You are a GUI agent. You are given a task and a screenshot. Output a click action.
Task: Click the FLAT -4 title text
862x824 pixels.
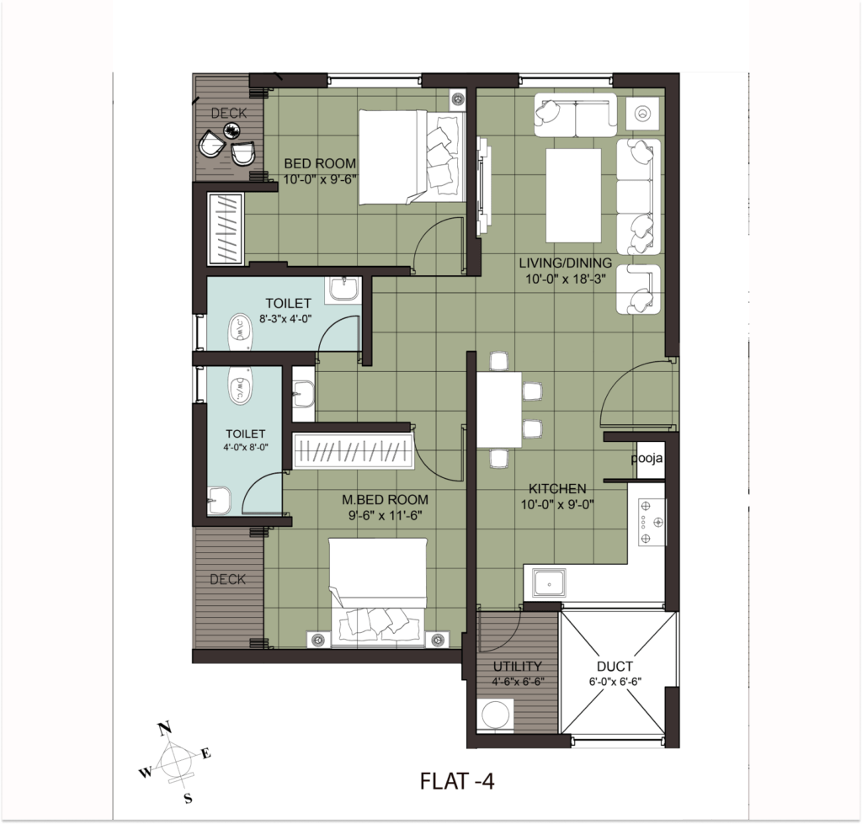457,780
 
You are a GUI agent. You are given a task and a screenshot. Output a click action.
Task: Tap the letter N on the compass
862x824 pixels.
164,728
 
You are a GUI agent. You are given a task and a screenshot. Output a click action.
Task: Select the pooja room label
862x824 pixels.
646,458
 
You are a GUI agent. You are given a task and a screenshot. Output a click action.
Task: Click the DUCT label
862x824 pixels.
615,667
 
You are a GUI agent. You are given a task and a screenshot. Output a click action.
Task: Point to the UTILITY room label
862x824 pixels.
518,667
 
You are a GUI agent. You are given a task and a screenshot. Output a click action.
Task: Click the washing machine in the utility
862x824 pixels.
495,715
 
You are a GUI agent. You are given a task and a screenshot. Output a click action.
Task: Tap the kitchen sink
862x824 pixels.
548,582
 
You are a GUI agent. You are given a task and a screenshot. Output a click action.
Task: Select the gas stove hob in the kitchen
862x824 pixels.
652,522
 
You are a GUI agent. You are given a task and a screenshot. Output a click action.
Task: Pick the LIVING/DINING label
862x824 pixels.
565,263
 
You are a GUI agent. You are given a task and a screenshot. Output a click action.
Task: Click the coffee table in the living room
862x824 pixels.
573,195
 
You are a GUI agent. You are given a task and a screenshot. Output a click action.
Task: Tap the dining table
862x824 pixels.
499,410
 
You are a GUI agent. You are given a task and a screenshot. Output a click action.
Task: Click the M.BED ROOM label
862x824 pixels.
385,500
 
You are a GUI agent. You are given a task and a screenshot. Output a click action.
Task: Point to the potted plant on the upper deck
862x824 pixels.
232,130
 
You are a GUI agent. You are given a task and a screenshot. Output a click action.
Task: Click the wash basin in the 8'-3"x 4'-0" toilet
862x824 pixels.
343,289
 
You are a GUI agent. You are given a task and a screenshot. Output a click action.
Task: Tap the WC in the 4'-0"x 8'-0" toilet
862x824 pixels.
240,385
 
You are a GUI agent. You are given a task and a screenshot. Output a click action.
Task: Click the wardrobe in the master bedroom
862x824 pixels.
353,451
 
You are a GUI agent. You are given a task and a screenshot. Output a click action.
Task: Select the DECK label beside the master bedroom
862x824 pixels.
227,579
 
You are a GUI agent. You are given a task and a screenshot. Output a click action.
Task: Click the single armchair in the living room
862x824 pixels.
638,290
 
